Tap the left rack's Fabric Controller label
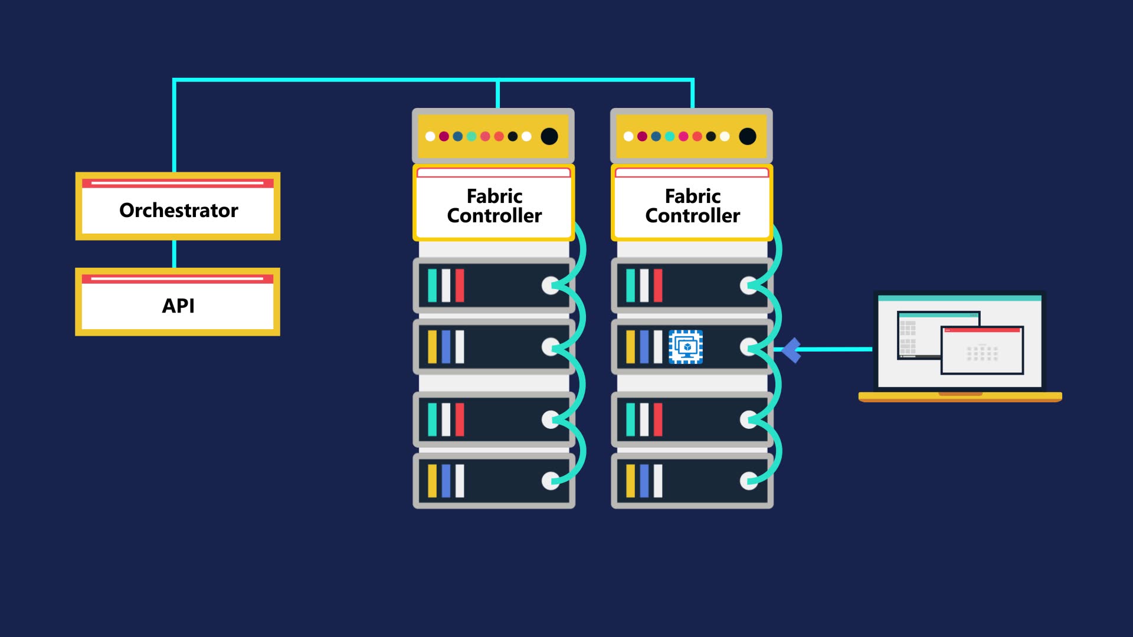click(494, 206)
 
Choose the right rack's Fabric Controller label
click(692, 206)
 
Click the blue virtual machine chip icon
click(686, 347)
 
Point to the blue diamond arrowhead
click(791, 350)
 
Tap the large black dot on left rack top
click(549, 136)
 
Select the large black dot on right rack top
click(748, 136)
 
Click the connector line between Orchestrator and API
click(174, 254)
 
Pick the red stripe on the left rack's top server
click(460, 285)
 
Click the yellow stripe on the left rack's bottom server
click(432, 481)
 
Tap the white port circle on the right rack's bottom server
click(748, 481)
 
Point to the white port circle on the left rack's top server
click(550, 285)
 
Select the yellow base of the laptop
click(960, 397)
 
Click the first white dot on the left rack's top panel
click(430, 136)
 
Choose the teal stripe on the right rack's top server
click(630, 285)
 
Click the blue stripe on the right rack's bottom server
click(644, 481)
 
